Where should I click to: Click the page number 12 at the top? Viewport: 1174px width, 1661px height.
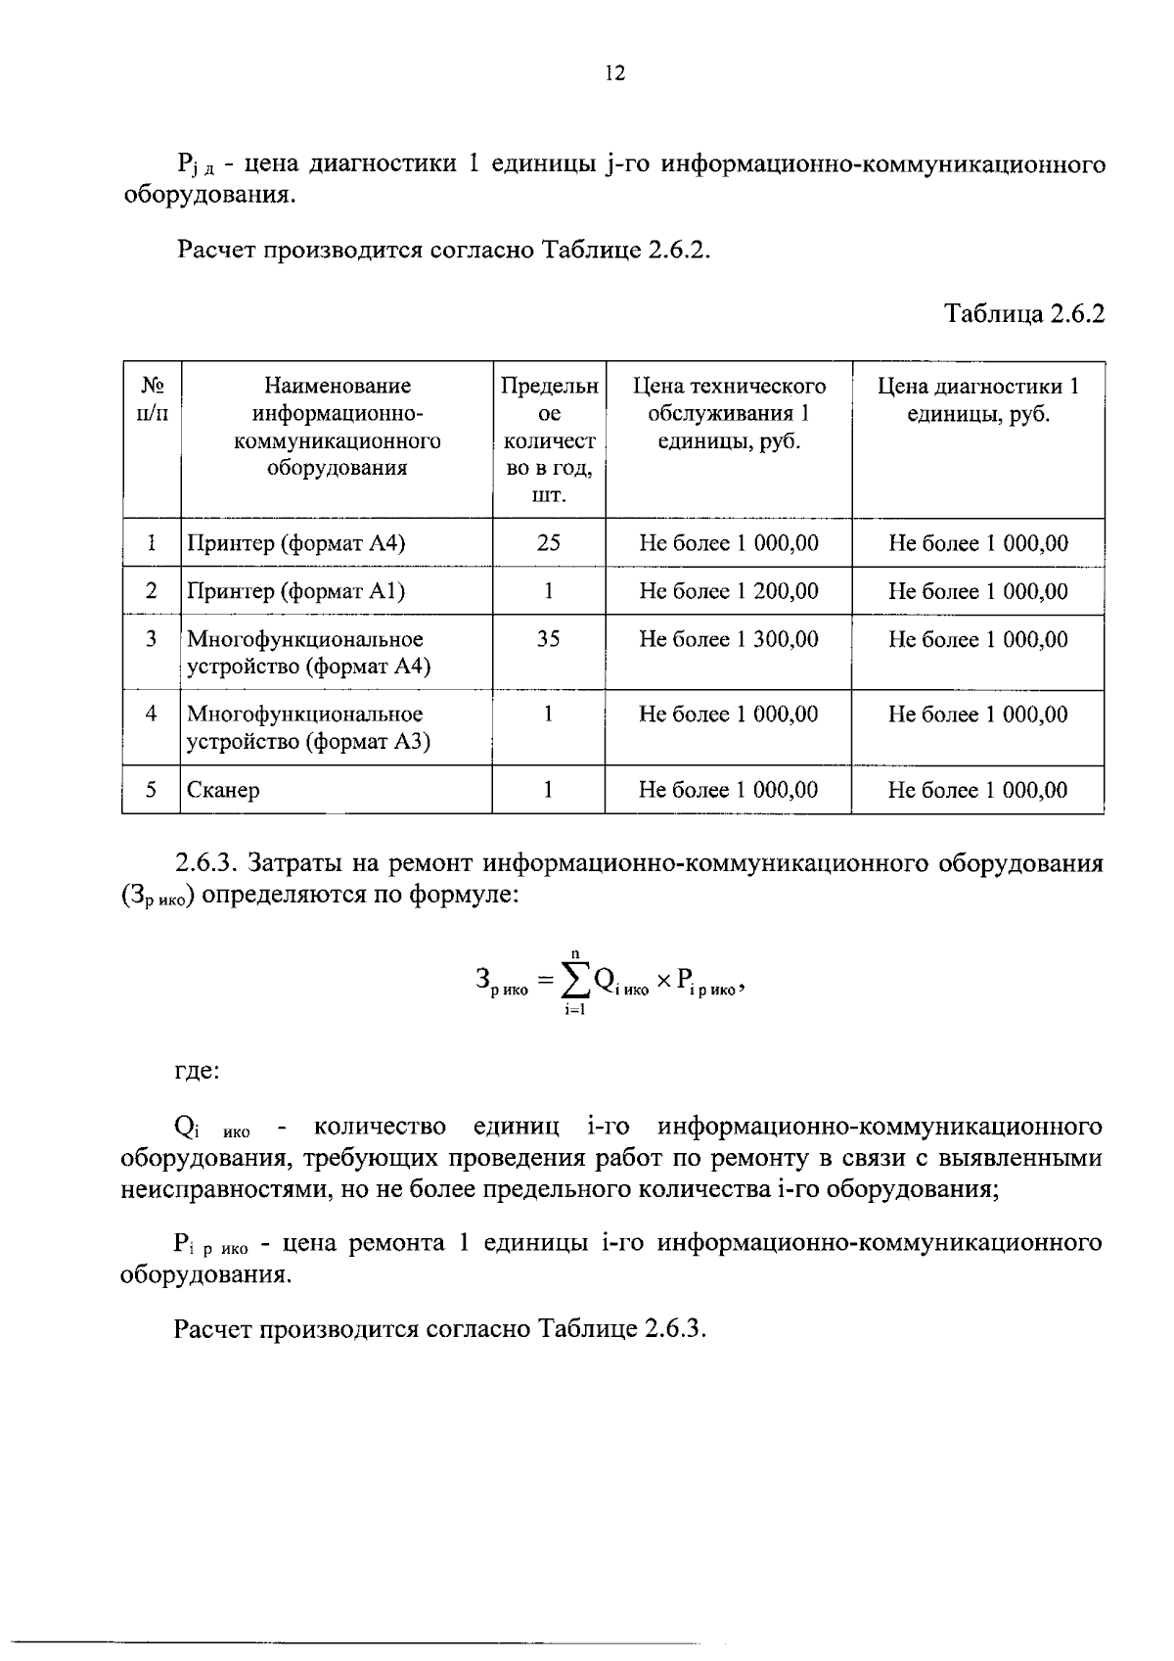(614, 73)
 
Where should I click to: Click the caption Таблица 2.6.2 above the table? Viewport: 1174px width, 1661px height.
(1023, 314)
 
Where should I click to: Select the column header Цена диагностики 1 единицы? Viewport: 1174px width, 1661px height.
(977, 400)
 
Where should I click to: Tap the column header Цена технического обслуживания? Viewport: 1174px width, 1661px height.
(728, 414)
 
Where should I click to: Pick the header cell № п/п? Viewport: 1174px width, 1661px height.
(151, 400)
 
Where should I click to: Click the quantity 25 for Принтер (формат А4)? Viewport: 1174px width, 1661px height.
(548, 543)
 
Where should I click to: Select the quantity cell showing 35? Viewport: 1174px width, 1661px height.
(548, 640)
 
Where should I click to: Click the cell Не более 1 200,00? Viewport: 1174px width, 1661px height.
(728, 591)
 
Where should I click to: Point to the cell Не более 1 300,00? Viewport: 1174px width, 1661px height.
(728, 640)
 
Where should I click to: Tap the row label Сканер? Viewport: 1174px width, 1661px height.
(223, 790)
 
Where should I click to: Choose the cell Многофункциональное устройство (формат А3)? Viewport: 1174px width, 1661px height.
(307, 728)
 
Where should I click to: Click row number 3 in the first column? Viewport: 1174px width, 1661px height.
(151, 640)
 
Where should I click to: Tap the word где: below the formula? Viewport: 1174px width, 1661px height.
(197, 1071)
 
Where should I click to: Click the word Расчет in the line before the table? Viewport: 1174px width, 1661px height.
(217, 250)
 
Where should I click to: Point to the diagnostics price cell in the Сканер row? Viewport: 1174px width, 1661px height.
(977, 790)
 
